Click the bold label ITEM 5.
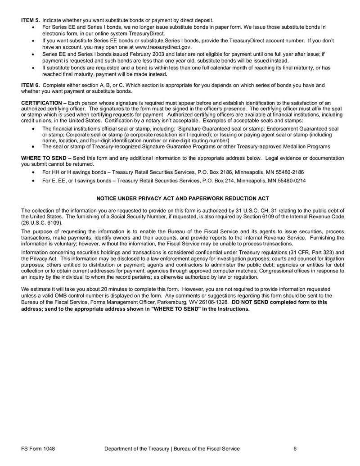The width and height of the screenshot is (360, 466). (31, 20)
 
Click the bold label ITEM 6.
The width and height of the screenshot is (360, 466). (31, 85)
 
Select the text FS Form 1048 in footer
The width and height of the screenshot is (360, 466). (37, 448)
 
